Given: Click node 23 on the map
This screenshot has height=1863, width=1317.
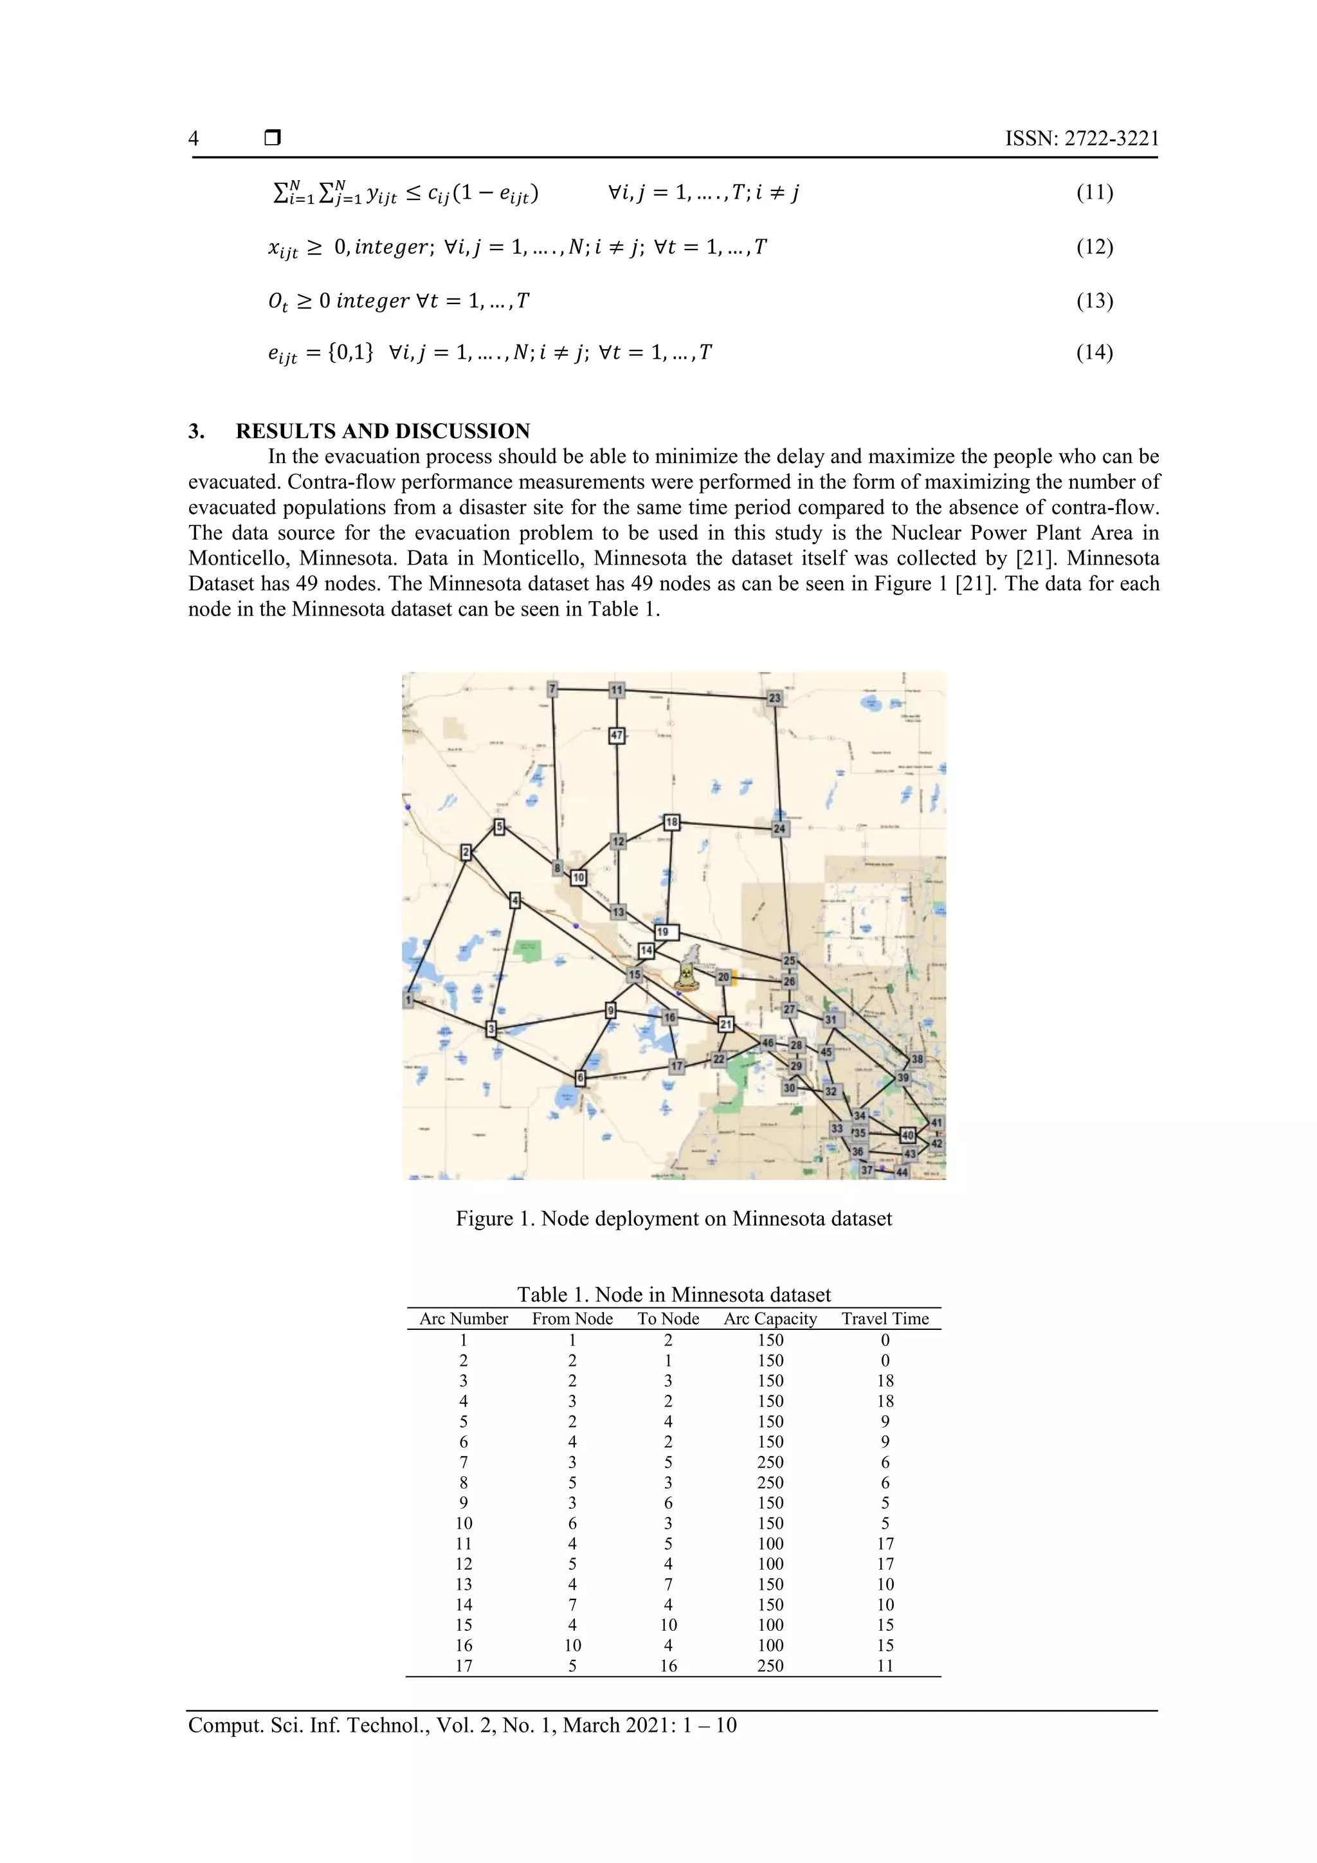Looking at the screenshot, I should [x=775, y=698].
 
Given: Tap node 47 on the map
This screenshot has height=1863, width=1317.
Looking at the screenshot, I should [x=617, y=735].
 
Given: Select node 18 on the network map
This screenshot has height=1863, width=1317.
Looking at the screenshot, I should [x=671, y=822].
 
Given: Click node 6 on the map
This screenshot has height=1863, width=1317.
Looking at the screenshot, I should [x=580, y=1078].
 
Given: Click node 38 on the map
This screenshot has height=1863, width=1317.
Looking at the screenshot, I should [x=917, y=1059].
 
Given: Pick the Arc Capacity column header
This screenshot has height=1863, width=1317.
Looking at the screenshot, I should [x=770, y=1318].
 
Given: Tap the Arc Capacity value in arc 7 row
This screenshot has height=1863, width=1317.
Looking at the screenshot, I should [x=770, y=1462].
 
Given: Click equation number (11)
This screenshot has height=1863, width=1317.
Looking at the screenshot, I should [x=1094, y=193].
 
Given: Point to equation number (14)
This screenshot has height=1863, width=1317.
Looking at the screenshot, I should [x=1094, y=352].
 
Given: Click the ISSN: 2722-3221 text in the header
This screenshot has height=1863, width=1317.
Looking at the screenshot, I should [x=1082, y=139].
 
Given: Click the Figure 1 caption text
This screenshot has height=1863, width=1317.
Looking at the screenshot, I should [x=673, y=1219].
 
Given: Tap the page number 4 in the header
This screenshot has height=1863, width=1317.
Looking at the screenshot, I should [x=193, y=139].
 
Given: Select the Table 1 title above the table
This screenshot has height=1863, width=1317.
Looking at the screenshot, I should [x=673, y=1295].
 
